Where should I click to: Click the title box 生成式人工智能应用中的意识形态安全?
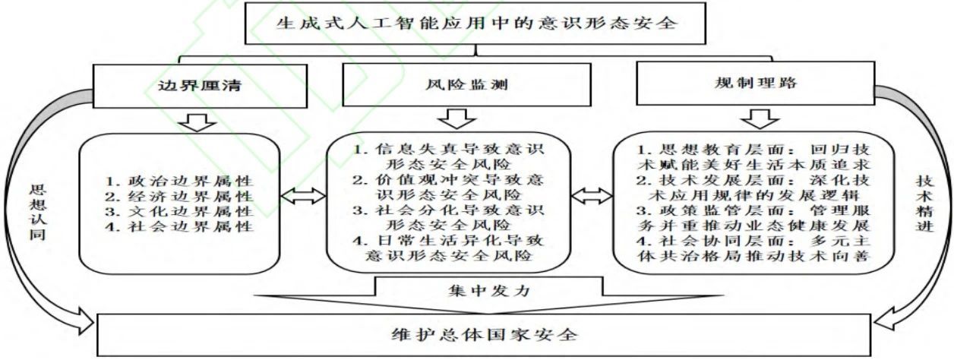(475, 22)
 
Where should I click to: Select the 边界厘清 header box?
(198, 85)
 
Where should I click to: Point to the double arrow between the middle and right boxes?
(589, 196)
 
